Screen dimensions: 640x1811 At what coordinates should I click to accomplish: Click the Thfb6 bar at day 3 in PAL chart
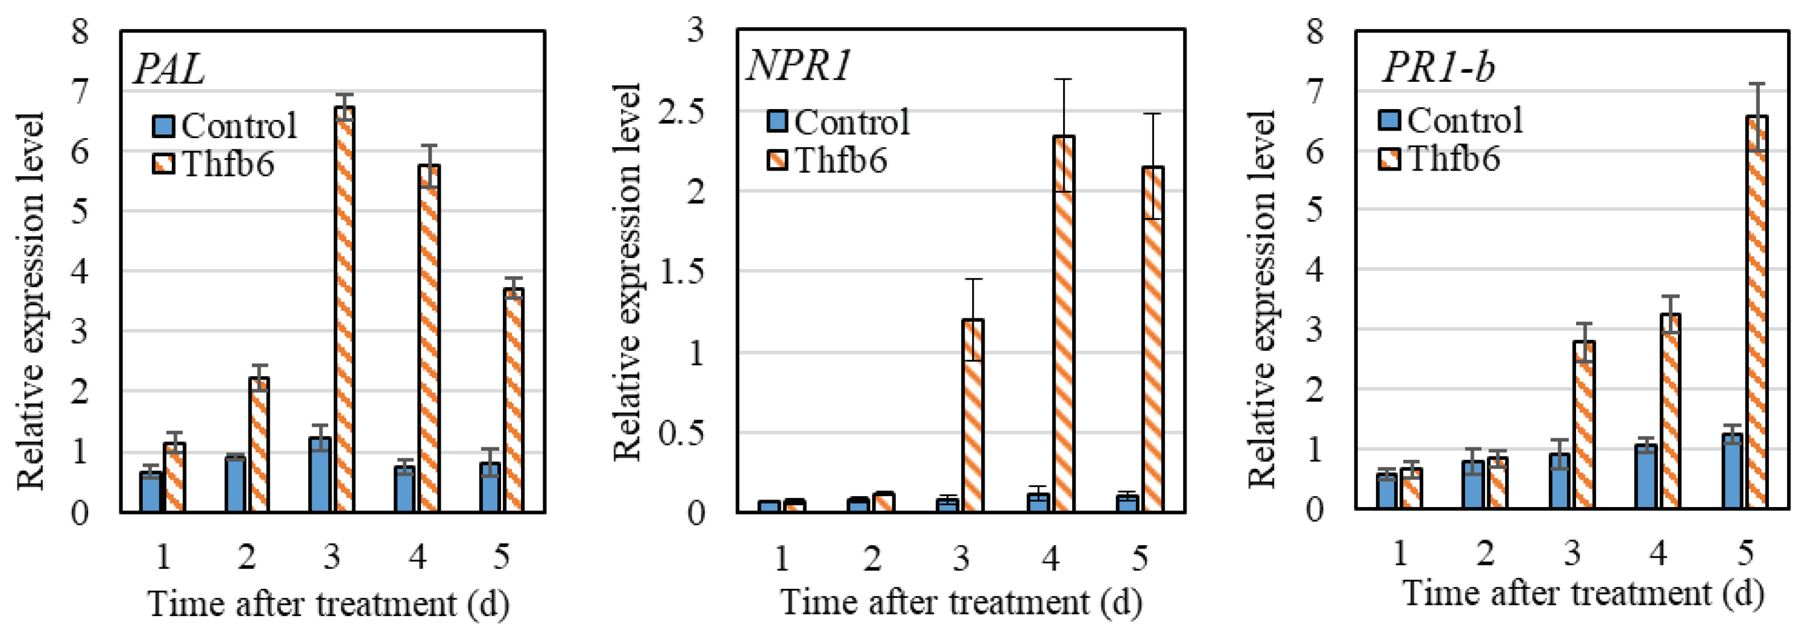click(344, 309)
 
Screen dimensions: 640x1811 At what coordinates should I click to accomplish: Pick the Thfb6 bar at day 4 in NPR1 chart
click(1064, 323)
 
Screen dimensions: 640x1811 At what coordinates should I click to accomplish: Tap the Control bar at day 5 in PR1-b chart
click(1733, 471)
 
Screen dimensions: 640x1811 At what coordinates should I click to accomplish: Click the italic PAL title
click(169, 69)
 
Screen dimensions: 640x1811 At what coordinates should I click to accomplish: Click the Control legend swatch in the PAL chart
click(163, 126)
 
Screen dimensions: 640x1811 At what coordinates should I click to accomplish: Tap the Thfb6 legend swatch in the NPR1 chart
click(777, 160)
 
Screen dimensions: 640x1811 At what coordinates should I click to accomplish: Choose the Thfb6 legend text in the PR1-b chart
click(1453, 158)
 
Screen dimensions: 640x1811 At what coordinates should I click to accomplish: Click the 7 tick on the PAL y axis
click(80, 92)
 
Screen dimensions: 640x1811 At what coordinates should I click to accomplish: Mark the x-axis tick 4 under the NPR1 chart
click(1049, 559)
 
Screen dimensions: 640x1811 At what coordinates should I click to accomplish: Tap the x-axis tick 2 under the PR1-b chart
click(1485, 554)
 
